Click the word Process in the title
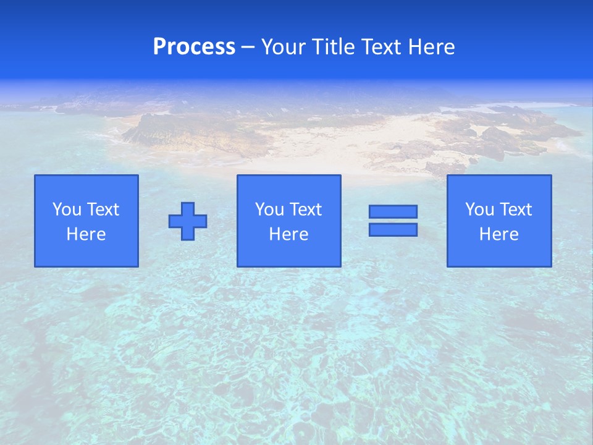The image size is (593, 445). [x=194, y=46]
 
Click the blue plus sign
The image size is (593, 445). [x=188, y=221]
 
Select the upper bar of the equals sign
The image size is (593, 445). [x=393, y=211]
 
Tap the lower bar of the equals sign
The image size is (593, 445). [x=393, y=230]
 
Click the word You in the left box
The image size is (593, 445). [x=67, y=210]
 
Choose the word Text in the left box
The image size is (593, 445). [x=103, y=210]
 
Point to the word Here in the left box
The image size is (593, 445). [x=86, y=234]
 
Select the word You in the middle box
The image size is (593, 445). [x=269, y=210]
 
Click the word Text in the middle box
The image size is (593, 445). [x=305, y=210]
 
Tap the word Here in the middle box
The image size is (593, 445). [x=288, y=234]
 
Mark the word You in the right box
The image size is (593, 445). [x=479, y=210]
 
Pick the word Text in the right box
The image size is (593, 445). [x=515, y=210]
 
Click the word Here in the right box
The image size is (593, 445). [x=498, y=234]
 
